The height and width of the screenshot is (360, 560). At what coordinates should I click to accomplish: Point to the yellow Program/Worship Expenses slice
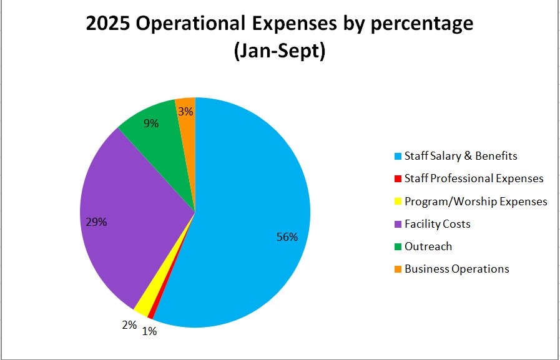tap(143, 305)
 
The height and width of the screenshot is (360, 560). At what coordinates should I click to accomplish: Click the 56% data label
tap(288, 237)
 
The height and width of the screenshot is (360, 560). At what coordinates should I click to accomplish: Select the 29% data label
tap(97, 222)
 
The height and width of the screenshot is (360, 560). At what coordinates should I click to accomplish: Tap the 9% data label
tap(151, 124)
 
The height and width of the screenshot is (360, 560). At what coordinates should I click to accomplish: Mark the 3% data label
tap(186, 112)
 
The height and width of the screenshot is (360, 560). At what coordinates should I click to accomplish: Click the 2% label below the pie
tap(129, 324)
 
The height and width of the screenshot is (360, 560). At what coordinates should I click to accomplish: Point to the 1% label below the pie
tap(149, 331)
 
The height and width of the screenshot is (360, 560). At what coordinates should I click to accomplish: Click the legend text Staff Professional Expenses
tap(474, 178)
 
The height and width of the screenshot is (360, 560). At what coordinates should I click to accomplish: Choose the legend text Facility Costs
tap(437, 223)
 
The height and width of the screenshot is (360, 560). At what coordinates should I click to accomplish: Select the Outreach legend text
tap(428, 246)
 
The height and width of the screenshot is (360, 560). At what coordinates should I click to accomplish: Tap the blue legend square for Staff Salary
tap(398, 156)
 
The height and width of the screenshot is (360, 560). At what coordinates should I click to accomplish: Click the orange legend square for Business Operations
tap(398, 270)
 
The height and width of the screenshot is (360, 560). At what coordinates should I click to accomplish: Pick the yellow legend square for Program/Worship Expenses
tap(398, 202)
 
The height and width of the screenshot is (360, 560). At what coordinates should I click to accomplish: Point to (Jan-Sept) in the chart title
tap(279, 51)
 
